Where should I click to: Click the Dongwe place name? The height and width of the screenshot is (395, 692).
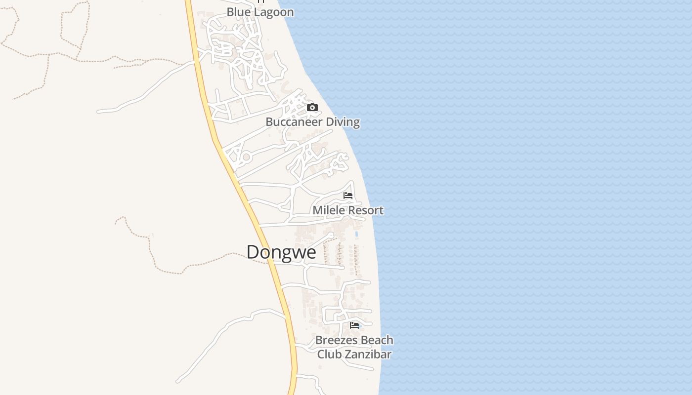point(281,252)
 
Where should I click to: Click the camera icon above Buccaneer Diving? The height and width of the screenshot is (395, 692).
point(312,107)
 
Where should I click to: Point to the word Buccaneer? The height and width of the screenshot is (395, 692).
point(294,122)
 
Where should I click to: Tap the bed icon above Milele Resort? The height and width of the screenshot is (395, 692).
point(348,195)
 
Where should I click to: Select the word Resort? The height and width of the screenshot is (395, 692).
point(366,210)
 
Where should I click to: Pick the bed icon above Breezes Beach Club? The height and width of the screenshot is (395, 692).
point(354,325)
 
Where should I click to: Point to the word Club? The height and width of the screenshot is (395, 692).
point(329,355)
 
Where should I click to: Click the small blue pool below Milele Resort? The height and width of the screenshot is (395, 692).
point(356,234)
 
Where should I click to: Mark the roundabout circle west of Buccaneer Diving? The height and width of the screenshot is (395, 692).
point(245,158)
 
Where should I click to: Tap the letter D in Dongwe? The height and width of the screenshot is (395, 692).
point(253,252)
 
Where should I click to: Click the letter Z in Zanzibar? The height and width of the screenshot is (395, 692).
point(347,355)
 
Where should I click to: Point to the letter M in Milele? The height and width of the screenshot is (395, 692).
point(317,210)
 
